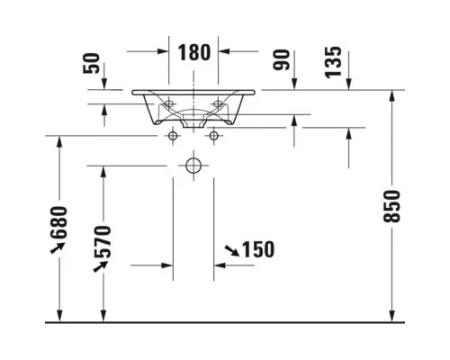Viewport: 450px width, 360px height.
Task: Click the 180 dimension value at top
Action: [194, 52]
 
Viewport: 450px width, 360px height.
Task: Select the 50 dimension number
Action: [91, 63]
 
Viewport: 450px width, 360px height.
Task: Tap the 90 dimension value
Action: [282, 59]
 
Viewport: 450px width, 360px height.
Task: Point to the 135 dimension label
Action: [333, 62]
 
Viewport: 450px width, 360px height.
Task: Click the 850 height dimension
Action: [391, 206]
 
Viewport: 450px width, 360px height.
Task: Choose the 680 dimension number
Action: [58, 222]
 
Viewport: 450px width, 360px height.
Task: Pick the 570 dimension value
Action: [103, 242]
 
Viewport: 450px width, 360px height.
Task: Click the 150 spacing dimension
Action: [258, 249]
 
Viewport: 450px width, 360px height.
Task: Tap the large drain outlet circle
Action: [193, 166]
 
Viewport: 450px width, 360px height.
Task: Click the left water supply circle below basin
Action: [173, 136]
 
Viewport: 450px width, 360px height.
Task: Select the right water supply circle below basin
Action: [214, 136]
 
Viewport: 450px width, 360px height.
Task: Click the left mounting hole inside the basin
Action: [169, 103]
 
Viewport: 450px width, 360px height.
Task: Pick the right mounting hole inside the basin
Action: [218, 103]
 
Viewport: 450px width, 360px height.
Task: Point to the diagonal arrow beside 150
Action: [232, 251]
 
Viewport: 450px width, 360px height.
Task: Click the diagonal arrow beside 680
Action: [58, 247]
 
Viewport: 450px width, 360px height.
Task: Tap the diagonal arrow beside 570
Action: [101, 266]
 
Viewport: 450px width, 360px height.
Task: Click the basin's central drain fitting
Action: [193, 123]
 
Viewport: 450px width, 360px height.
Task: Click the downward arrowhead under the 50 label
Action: [104, 84]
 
